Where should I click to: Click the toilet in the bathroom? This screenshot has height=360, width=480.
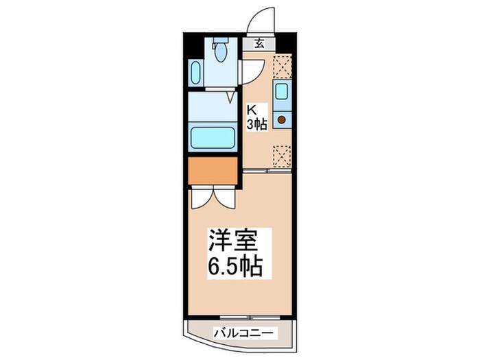click(221, 51)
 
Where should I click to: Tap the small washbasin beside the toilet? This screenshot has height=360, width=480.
click(195, 72)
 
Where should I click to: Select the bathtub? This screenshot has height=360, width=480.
click(213, 138)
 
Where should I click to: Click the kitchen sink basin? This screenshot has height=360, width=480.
click(281, 92)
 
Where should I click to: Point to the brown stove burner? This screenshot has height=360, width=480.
click(281, 119)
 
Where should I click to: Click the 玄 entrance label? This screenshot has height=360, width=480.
click(260, 44)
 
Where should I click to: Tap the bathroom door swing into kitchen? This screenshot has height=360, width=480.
click(252, 71)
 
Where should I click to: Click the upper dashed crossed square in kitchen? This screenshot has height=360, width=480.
click(281, 66)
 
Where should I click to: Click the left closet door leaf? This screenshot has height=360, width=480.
click(202, 197)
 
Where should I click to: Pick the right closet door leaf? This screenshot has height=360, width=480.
click(225, 197)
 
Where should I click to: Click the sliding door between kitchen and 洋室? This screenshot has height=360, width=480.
click(265, 170)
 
